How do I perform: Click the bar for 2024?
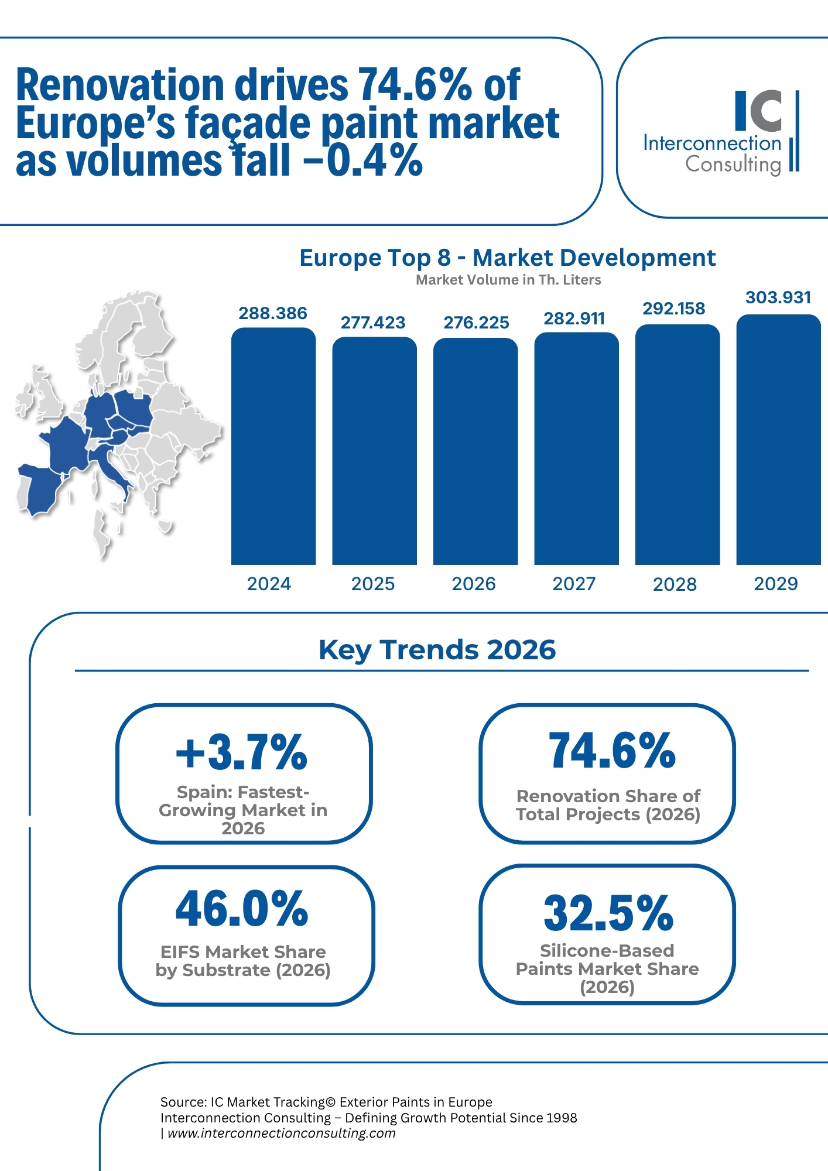click(x=273, y=446)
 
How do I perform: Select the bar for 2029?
click(x=778, y=440)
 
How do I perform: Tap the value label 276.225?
click(x=476, y=323)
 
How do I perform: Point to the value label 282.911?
click(x=574, y=319)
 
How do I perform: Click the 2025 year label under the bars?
click(x=373, y=584)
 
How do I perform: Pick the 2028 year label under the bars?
click(x=675, y=584)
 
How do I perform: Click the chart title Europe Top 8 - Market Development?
click(x=507, y=258)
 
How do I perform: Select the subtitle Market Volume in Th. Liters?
click(x=508, y=280)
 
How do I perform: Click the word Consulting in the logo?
click(x=733, y=165)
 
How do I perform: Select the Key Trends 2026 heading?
click(x=437, y=650)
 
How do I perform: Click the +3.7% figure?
click(x=242, y=752)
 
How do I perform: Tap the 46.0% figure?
click(x=242, y=909)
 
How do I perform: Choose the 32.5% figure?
click(x=608, y=913)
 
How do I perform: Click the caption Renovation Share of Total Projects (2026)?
click(x=608, y=805)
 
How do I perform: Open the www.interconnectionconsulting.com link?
click(x=281, y=1133)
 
